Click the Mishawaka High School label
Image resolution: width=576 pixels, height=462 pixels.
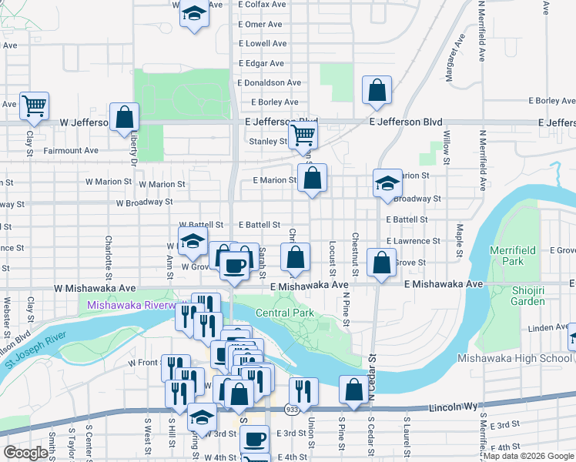pyautogui.click(x=514, y=358)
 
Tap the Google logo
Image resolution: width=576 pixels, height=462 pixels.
pyautogui.click(x=25, y=453)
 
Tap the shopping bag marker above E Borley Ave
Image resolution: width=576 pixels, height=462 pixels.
pyautogui.click(x=377, y=90)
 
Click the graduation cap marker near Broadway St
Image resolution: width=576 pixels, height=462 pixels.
pyautogui.click(x=387, y=182)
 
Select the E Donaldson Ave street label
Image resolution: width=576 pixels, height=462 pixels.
pyautogui.click(x=269, y=82)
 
